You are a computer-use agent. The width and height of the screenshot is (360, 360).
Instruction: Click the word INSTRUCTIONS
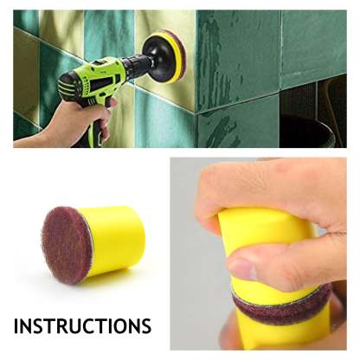pos(82,326)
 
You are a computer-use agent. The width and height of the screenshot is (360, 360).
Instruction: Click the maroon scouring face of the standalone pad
pos(67,245)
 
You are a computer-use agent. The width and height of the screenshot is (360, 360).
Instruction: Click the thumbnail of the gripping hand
pos(241,270)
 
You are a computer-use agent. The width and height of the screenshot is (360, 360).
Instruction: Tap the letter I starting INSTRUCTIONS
pos(16,326)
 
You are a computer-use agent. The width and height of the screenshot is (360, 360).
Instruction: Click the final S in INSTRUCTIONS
pos(145,326)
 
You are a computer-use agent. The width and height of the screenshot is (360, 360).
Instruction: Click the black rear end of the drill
pos(67,85)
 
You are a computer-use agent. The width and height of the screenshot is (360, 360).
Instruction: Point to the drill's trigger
pos(112,103)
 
